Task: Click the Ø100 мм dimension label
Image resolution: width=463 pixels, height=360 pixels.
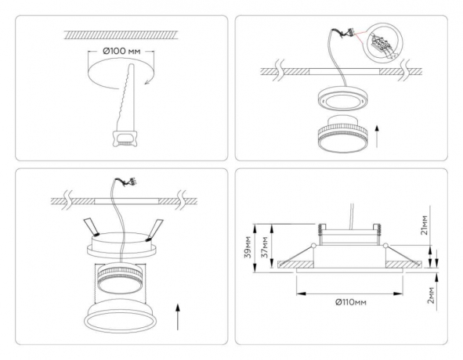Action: (x=121, y=51)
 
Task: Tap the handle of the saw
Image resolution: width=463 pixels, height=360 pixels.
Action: (x=124, y=139)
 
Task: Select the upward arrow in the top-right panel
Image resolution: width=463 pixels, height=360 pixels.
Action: (x=377, y=136)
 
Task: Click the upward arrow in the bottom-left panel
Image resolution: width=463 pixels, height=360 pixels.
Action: (x=178, y=317)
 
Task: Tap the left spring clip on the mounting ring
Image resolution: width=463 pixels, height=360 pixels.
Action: (x=92, y=228)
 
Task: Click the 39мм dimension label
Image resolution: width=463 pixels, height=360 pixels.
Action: (x=248, y=247)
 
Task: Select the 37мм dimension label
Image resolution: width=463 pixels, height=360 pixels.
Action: (x=265, y=247)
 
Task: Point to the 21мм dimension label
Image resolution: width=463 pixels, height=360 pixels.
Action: (x=425, y=225)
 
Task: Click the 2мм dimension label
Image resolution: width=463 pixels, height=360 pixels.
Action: (x=432, y=295)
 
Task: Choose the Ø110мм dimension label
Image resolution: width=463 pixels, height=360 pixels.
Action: (x=351, y=302)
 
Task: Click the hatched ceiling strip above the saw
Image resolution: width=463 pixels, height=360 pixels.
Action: (x=121, y=34)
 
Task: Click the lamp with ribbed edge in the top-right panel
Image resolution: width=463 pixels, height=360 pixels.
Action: (x=342, y=135)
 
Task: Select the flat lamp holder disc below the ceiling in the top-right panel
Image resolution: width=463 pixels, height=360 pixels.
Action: (x=342, y=98)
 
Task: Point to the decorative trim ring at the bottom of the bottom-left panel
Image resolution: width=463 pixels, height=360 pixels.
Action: (x=121, y=317)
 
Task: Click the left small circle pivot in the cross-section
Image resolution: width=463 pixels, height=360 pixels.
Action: (x=313, y=245)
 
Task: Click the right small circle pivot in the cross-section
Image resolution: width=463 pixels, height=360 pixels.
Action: (x=385, y=245)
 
